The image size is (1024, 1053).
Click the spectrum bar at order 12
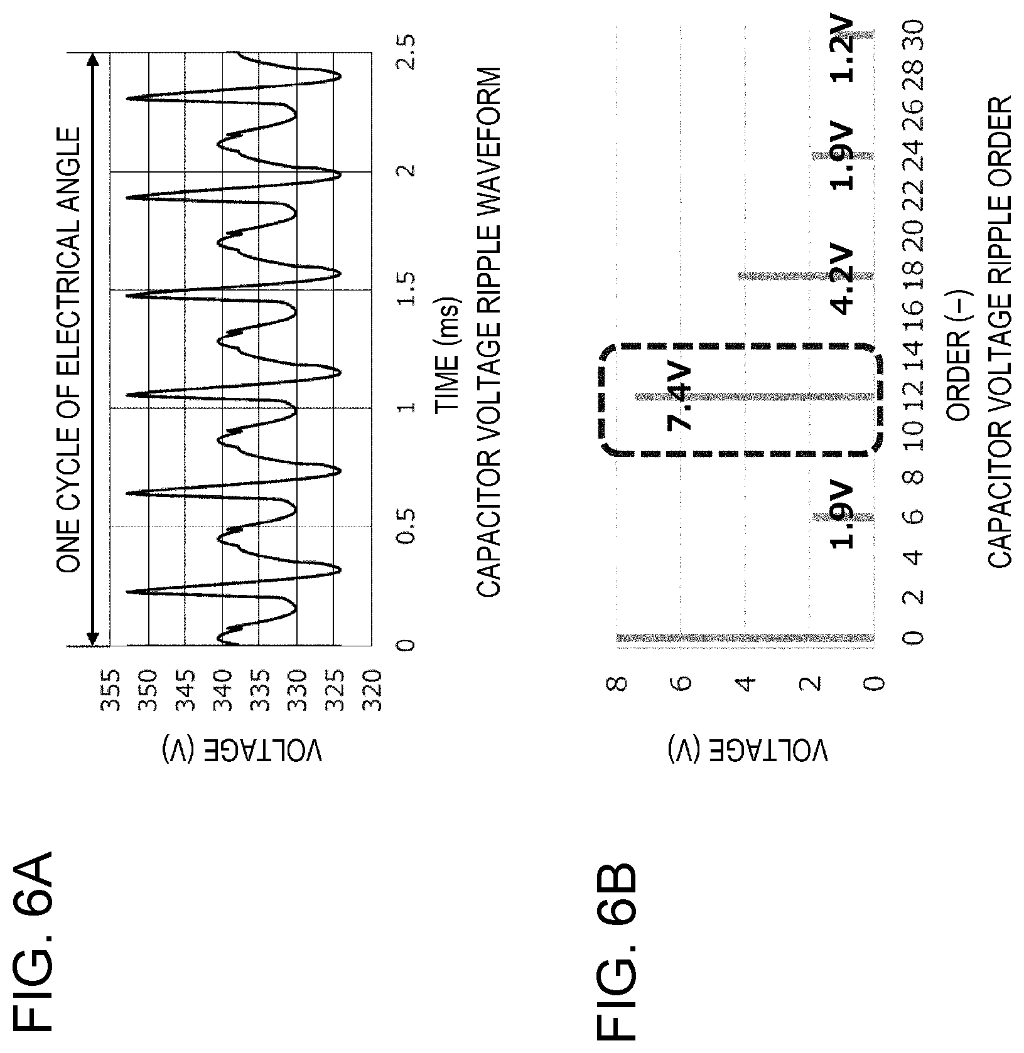pyautogui.click(x=753, y=397)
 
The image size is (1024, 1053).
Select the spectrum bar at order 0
pyautogui.click(x=745, y=638)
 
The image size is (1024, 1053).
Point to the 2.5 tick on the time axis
pyautogui.click(x=405, y=53)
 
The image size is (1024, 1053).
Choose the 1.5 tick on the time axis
pyautogui.click(x=405, y=289)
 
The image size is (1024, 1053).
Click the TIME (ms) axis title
pyautogui.click(x=448, y=355)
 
